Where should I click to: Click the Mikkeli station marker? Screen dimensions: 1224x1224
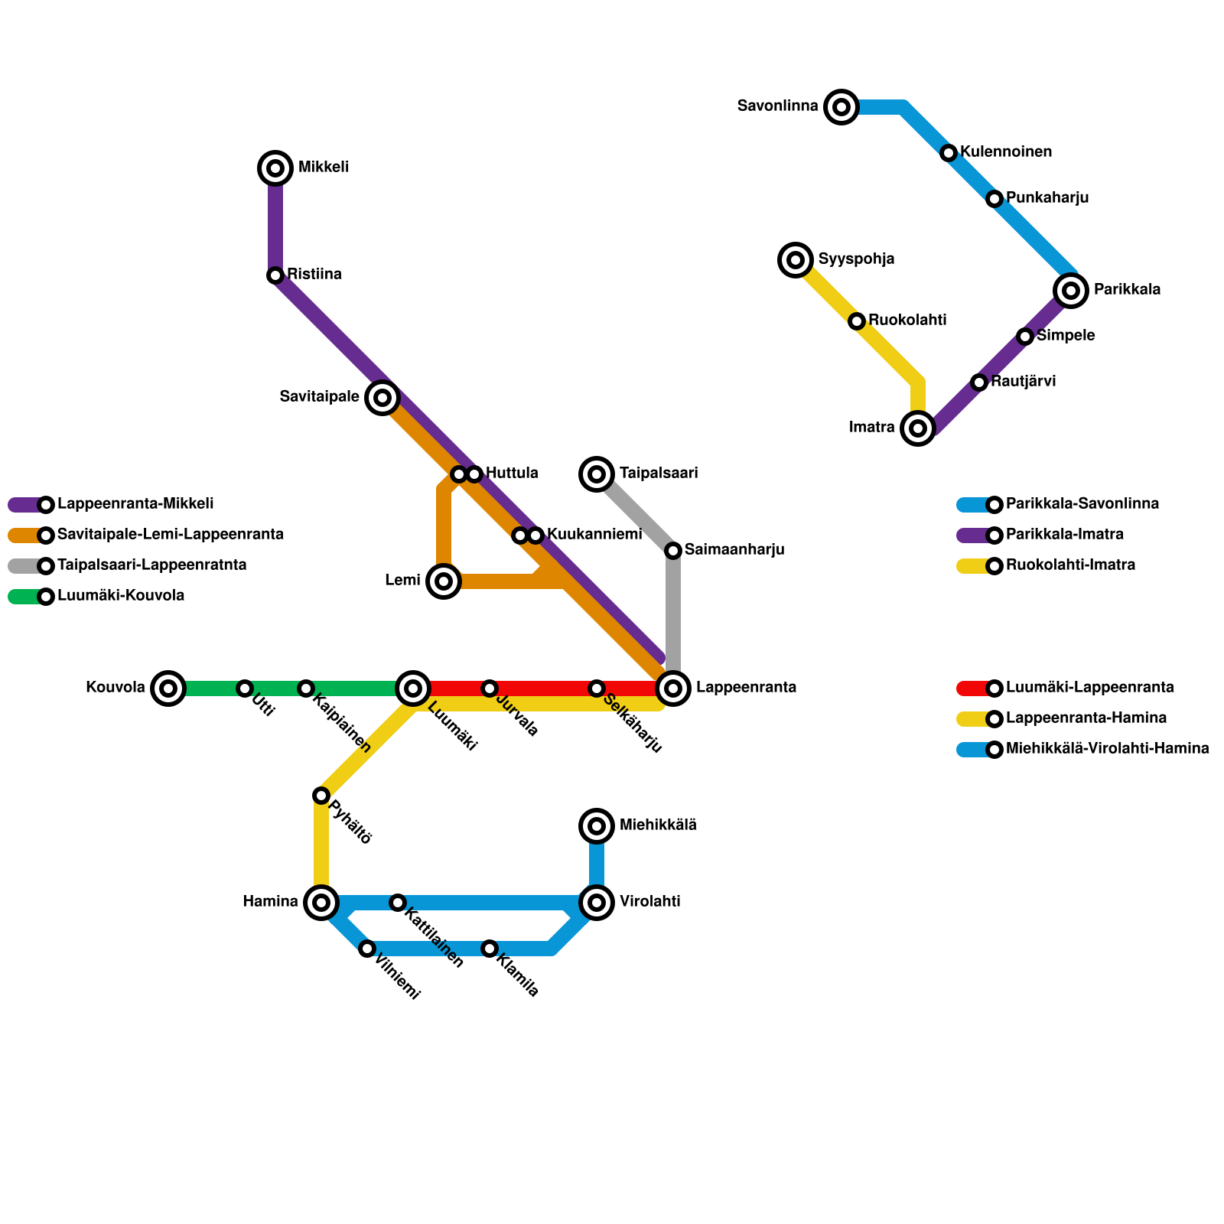[275, 168]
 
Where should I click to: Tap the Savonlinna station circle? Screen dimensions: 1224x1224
[841, 107]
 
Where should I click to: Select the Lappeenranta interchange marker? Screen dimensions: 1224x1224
[673, 688]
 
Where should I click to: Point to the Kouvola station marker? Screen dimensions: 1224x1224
[168, 688]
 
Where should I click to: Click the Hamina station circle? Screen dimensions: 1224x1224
[321, 903]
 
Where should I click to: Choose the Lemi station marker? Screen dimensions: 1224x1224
[444, 581]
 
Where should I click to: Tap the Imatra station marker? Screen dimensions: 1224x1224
[918, 428]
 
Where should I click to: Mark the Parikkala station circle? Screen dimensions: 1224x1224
[1071, 291]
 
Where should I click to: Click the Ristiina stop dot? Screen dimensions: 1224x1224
[275, 275]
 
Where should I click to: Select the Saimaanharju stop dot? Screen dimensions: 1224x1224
[673, 551]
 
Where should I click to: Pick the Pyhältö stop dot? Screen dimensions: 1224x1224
[321, 796]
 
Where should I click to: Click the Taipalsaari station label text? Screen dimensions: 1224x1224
[658, 474]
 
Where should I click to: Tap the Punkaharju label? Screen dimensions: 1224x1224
[1047, 198]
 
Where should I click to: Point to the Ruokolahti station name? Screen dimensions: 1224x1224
[907, 321]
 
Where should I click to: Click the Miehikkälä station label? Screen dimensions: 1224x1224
[658, 825]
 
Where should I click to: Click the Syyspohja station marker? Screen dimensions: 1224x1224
[796, 260]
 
